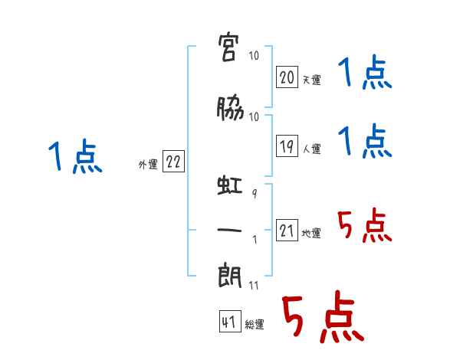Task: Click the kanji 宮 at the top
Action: [x=228, y=47]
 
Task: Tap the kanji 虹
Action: [x=230, y=185]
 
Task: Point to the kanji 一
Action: [x=229, y=230]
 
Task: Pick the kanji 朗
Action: [x=230, y=277]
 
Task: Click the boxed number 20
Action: [x=287, y=77]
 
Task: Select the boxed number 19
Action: [x=287, y=146]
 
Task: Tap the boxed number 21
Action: [x=287, y=230]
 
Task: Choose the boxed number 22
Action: [x=173, y=161]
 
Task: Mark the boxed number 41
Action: [x=230, y=321]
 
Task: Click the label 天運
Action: [x=312, y=80]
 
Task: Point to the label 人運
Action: [x=312, y=149]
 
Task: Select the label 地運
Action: [x=311, y=233]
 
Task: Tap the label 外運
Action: [x=148, y=165]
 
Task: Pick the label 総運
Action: [x=255, y=324]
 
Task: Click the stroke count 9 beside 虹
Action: [x=255, y=194]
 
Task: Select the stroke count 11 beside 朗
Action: [x=254, y=285]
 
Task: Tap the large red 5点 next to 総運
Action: [x=323, y=316]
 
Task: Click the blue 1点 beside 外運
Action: [x=75, y=156]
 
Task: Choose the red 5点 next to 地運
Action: [x=365, y=225]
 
